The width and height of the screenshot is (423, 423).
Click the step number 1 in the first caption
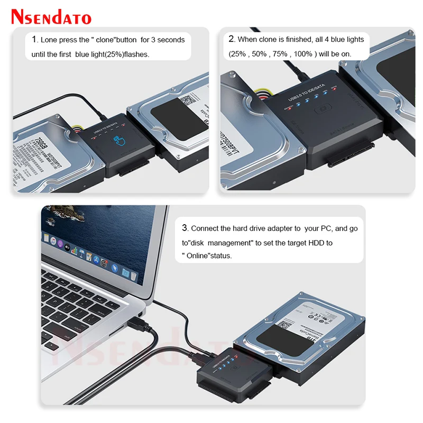click(34, 40)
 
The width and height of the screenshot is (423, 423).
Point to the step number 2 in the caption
click(232, 39)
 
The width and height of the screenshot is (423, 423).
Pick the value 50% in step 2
click(259, 54)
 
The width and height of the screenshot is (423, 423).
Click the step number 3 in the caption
click(185, 228)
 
